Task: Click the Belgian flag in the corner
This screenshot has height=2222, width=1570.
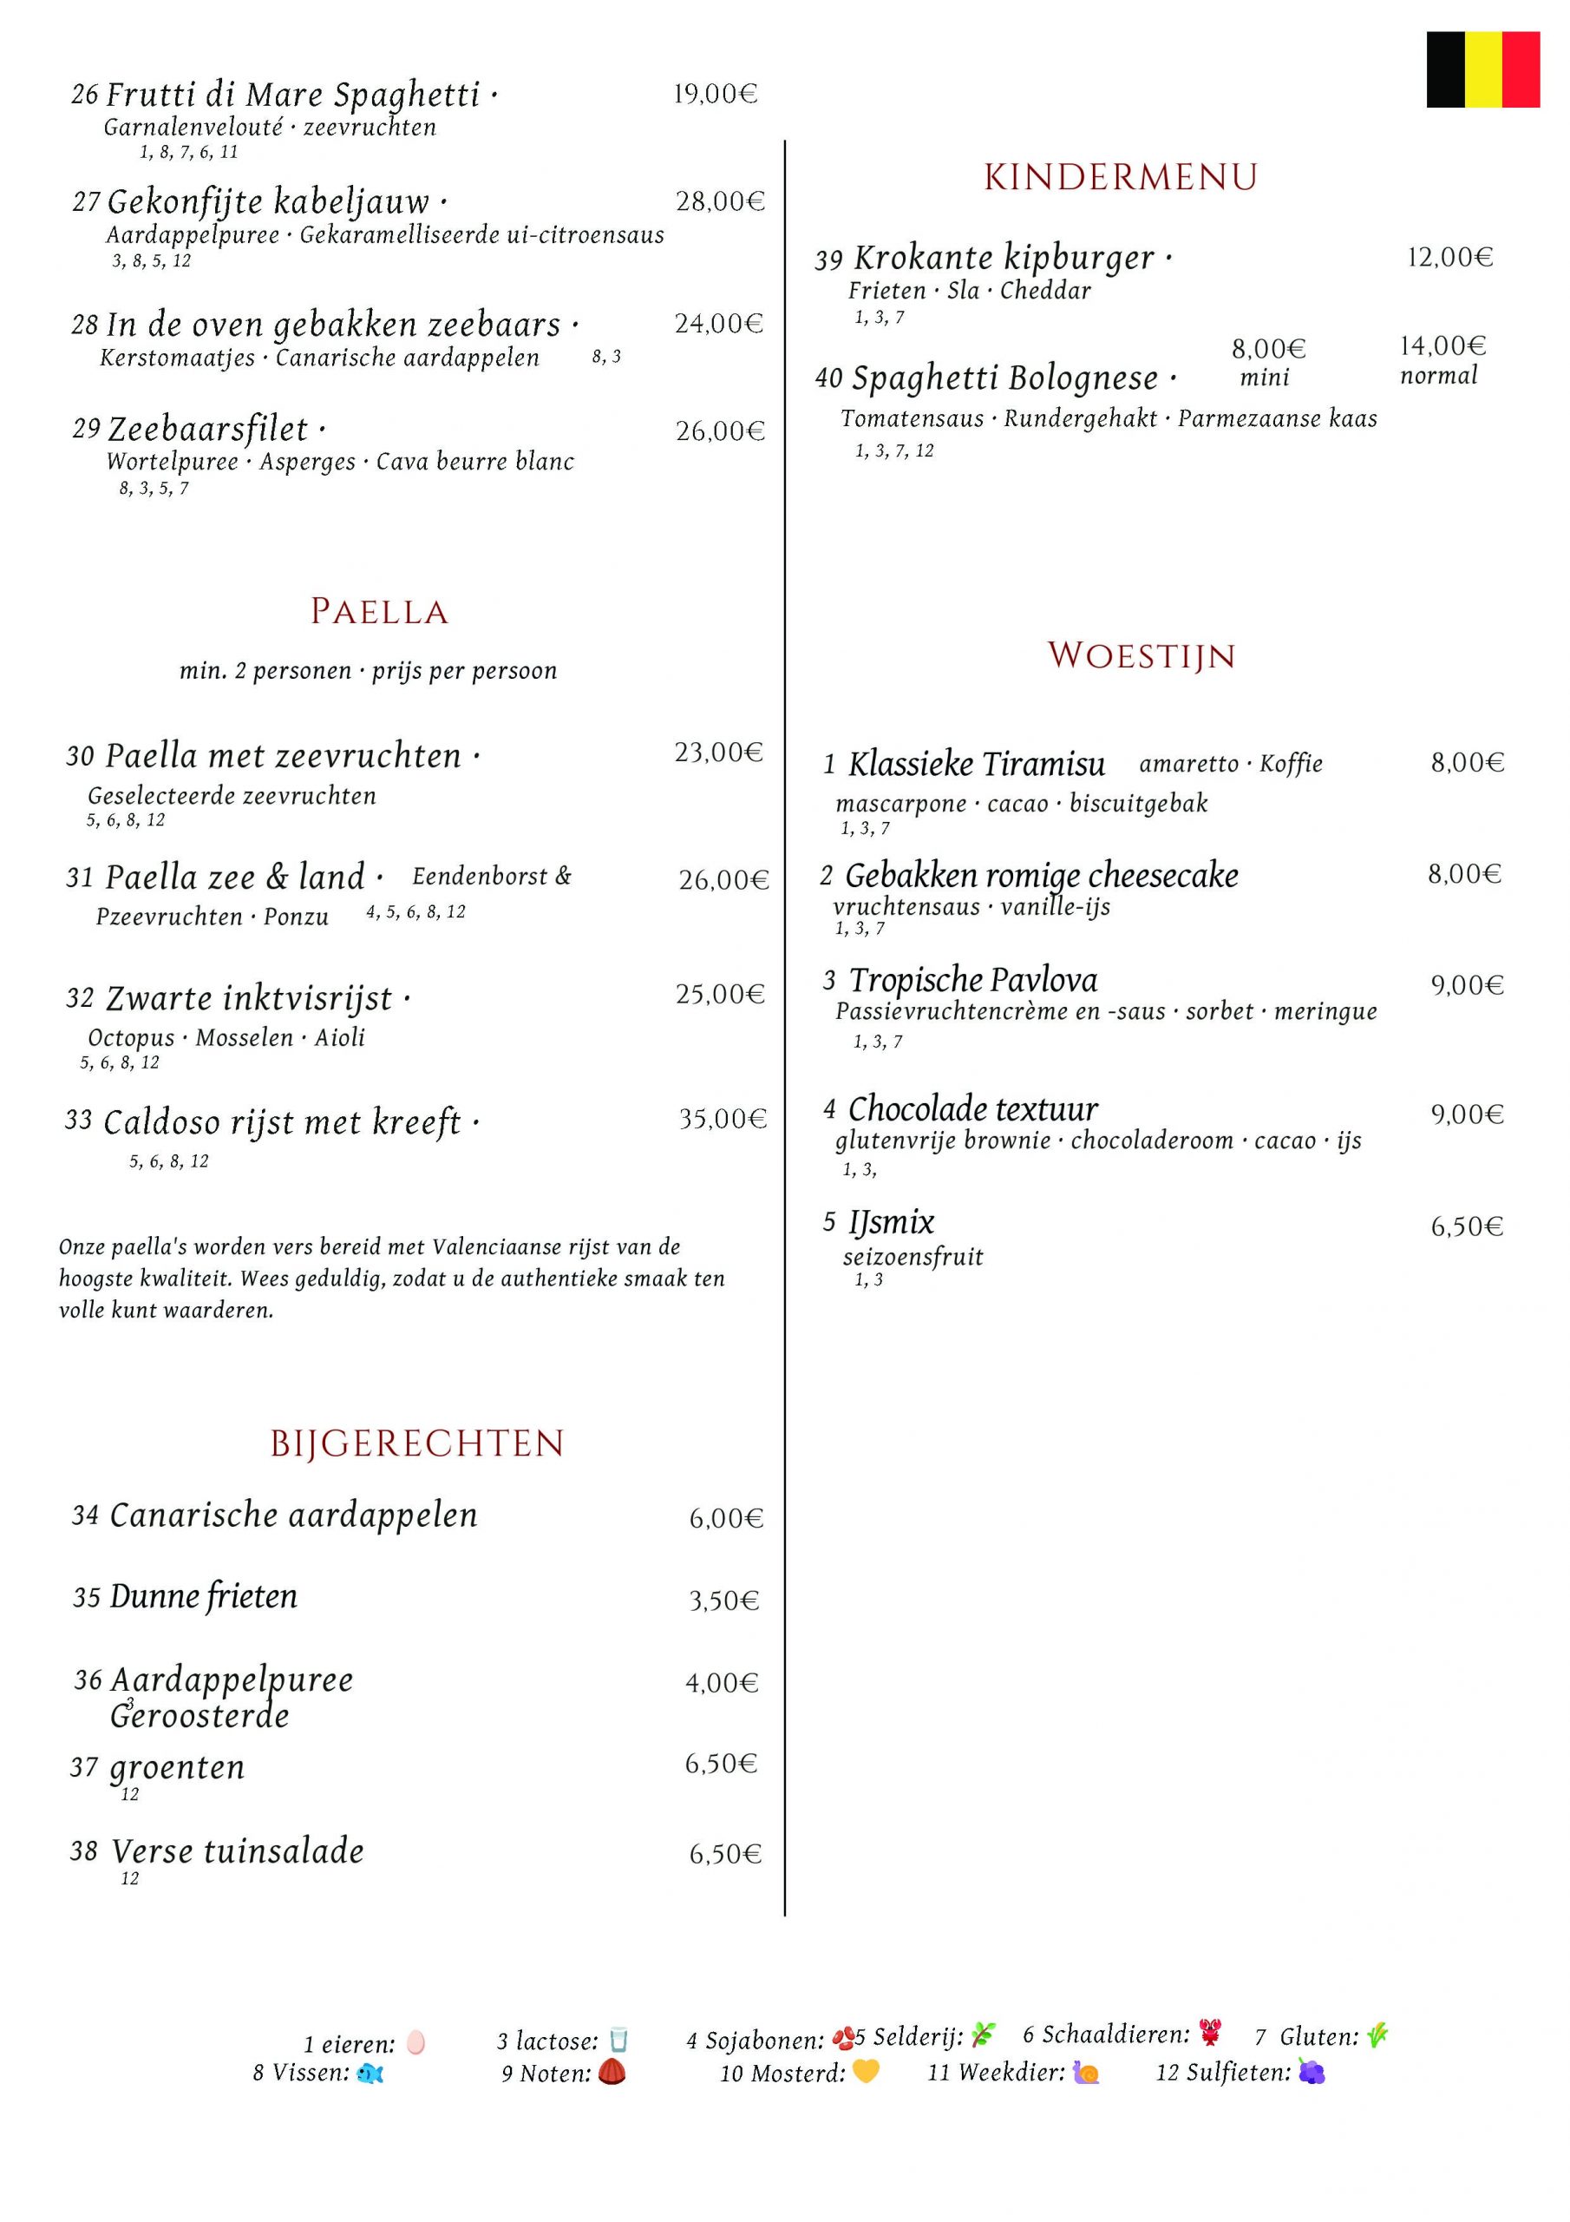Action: pyautogui.click(x=1482, y=69)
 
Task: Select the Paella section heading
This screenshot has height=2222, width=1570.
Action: pyautogui.click(x=379, y=612)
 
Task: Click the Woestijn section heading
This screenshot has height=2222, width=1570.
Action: pyautogui.click(x=1142, y=655)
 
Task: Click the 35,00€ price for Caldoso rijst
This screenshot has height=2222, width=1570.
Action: pyautogui.click(x=722, y=1120)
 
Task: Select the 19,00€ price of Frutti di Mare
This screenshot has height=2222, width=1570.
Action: pyautogui.click(x=715, y=94)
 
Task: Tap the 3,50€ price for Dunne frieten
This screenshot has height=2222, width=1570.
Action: pyautogui.click(x=723, y=1601)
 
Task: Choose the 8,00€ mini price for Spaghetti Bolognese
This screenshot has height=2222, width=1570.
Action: pyautogui.click(x=1268, y=348)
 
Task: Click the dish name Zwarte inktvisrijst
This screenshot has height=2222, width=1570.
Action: pyautogui.click(x=249, y=998)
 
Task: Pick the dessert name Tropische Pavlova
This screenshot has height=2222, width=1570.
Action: pyautogui.click(x=973, y=980)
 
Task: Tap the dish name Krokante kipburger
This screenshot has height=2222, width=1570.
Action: pyautogui.click(x=1004, y=258)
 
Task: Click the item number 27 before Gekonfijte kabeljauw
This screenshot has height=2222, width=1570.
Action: pyautogui.click(x=86, y=201)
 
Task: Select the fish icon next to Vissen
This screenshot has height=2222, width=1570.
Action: pyautogui.click(x=370, y=2073)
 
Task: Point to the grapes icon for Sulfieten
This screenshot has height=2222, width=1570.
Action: pyautogui.click(x=1311, y=2072)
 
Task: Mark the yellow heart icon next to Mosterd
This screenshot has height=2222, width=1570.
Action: pyautogui.click(x=866, y=2072)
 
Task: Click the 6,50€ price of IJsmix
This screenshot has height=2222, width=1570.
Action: pyautogui.click(x=1467, y=1227)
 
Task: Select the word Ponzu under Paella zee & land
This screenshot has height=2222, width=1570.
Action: pyautogui.click(x=296, y=917)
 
